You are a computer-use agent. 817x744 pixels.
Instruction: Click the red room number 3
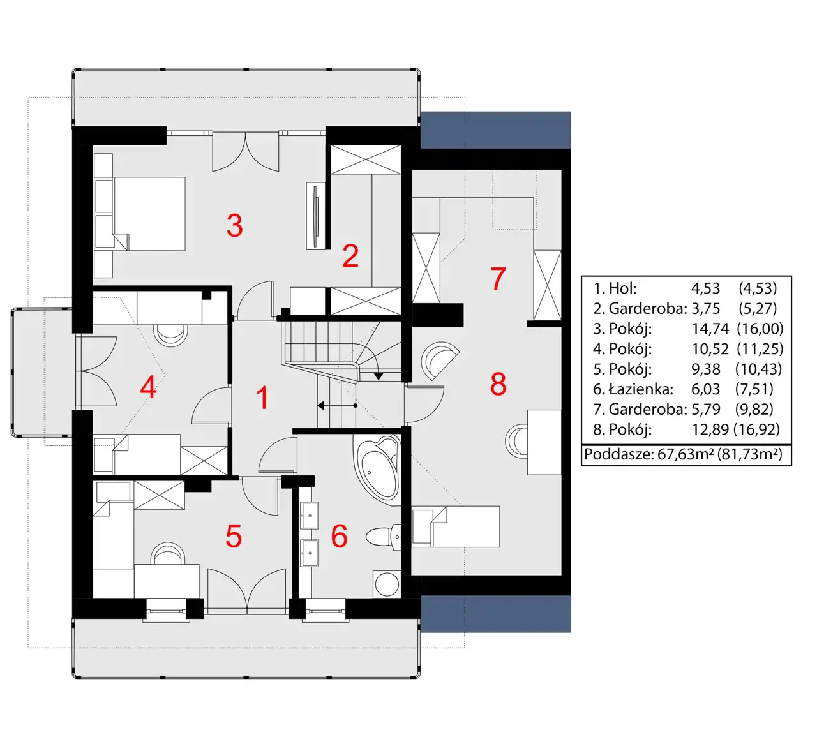point(235,225)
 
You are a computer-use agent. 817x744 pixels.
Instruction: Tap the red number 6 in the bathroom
point(340,536)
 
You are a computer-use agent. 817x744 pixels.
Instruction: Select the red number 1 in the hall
point(263,398)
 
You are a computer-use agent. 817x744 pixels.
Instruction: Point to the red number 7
point(498,279)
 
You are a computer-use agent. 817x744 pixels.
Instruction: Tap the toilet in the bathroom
point(383,537)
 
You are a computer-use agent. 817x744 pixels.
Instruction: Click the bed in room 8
point(456,526)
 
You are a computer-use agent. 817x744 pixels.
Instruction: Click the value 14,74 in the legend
point(710,329)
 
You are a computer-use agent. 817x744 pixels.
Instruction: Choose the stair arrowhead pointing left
point(321,406)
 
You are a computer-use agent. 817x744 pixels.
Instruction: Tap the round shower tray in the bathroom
point(387,584)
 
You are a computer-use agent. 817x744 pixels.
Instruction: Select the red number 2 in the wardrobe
point(350,256)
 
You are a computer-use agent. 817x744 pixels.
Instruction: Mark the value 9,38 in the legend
point(706,369)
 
